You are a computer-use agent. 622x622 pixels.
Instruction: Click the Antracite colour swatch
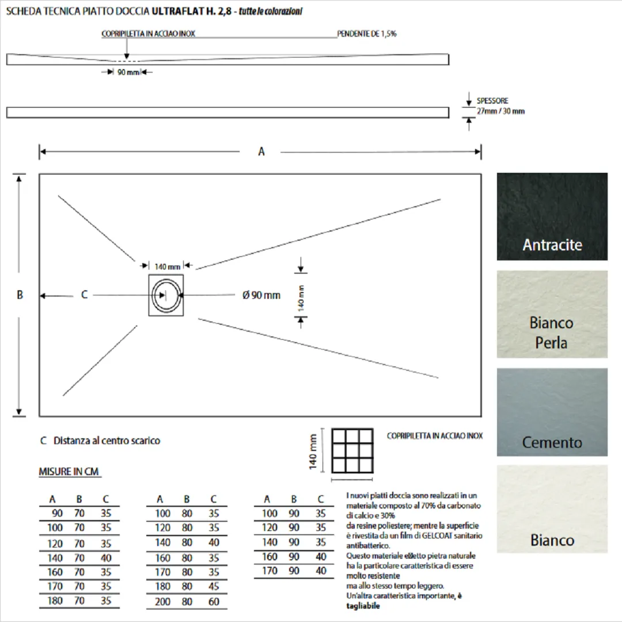pos(552,216)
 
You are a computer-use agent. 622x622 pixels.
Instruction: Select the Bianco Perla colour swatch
pos(552,314)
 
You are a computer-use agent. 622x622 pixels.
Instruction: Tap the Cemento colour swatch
pos(552,412)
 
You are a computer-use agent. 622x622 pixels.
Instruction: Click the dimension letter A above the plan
pos(261,152)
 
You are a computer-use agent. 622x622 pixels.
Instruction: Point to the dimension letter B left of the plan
pos(20,295)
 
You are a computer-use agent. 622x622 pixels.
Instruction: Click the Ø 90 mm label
pos(261,295)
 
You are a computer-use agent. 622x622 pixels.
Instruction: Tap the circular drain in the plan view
pos(166,295)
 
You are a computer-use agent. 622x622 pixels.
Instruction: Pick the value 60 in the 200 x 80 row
pos(214,601)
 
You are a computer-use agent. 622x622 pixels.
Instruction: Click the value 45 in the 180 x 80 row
pos(214,586)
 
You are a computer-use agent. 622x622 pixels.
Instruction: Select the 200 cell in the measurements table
pos(163,601)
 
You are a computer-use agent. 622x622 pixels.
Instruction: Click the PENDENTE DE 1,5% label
pos(367,34)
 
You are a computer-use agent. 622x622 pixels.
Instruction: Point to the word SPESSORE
pos(492,101)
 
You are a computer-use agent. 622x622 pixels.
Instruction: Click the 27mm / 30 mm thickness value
pos(500,111)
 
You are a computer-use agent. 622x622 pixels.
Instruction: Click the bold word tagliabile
pos(363,606)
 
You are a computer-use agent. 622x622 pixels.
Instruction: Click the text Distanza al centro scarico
pos(107,441)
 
